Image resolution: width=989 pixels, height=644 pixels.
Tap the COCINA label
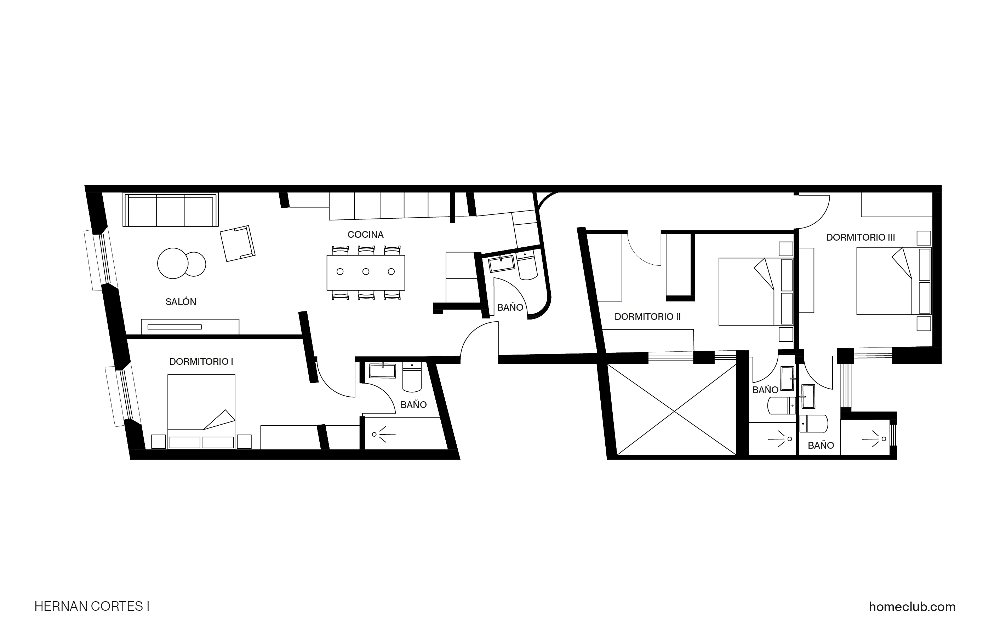(x=365, y=235)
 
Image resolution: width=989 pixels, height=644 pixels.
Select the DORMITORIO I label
(x=201, y=362)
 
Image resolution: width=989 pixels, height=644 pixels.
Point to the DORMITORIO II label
(x=647, y=317)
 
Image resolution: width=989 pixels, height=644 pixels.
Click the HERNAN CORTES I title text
(x=92, y=606)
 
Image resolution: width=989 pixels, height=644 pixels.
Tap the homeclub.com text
(x=912, y=607)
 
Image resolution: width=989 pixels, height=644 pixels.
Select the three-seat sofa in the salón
(x=170, y=210)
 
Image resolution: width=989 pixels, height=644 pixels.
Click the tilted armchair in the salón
(x=237, y=244)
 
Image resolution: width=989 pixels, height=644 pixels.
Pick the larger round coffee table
(x=172, y=263)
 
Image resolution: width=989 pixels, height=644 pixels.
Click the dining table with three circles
(x=366, y=272)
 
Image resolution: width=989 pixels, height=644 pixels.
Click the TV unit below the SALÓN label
(x=190, y=327)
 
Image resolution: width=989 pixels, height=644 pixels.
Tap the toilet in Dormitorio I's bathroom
(x=412, y=378)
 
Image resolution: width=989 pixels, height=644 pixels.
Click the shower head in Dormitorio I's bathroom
(x=375, y=435)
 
